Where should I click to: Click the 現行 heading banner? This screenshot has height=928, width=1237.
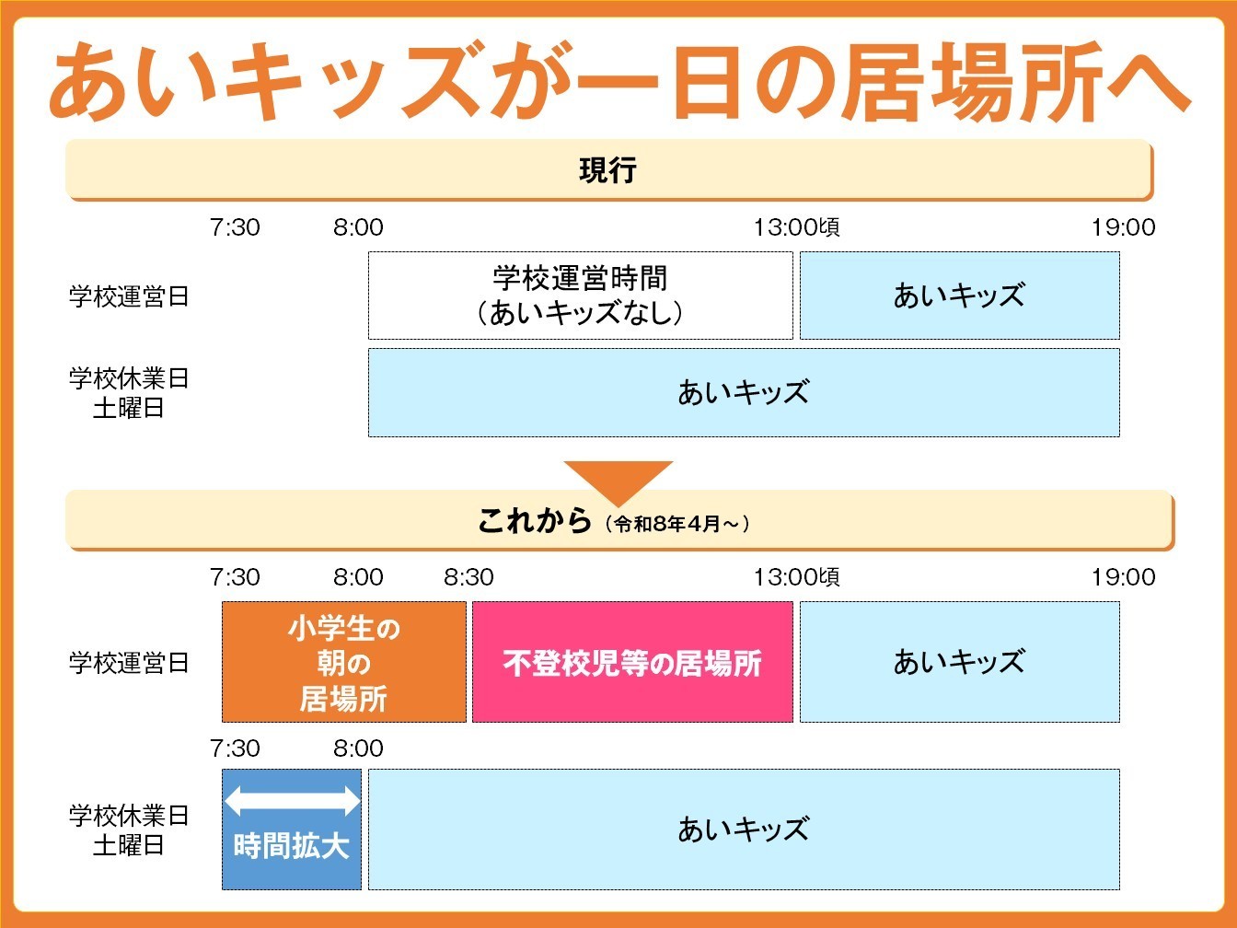[x=607, y=170]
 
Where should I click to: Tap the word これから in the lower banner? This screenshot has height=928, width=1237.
[x=534, y=521]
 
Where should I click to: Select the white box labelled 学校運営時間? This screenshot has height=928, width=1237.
[x=580, y=296]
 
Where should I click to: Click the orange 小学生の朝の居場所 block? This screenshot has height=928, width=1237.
[x=343, y=663]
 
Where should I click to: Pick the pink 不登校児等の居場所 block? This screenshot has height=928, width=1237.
[x=632, y=663]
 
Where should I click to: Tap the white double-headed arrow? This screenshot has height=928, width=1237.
[x=292, y=800]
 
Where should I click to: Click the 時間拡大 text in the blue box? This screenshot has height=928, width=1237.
[x=292, y=846]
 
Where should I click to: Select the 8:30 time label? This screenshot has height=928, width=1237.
[x=468, y=577]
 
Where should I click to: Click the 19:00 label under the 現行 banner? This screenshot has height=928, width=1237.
[x=1123, y=227]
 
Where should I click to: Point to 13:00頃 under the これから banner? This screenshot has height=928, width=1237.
[x=796, y=577]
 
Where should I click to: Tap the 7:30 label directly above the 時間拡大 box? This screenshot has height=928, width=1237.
[x=235, y=748]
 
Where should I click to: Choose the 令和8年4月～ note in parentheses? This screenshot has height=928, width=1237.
[x=677, y=524]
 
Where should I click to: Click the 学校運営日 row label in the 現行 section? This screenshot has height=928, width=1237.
[x=129, y=296]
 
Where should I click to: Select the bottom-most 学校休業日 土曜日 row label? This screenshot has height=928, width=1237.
[x=129, y=829]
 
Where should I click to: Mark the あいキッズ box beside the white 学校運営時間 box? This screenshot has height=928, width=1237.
[x=959, y=296]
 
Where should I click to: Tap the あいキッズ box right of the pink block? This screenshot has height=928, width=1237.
[x=959, y=663]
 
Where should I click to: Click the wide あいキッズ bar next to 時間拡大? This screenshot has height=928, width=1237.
[x=744, y=829]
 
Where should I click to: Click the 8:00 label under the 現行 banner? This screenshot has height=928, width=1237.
[x=358, y=227]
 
